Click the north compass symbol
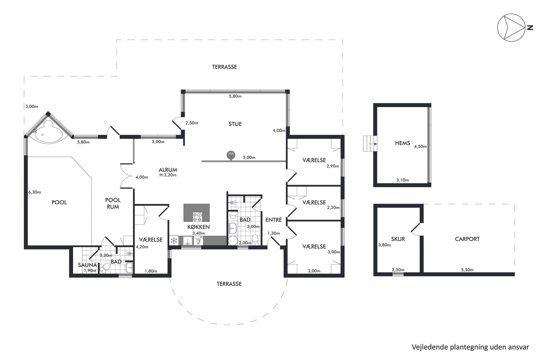pyautogui.click(x=511, y=28)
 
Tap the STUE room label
pyautogui.click(x=235, y=124)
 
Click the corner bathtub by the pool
pyautogui.click(x=48, y=132)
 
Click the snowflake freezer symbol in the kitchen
pyautogui.click(x=174, y=241)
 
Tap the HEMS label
pyautogui.click(x=403, y=143)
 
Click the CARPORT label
pyautogui.click(x=467, y=239)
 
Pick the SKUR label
pyautogui.click(x=398, y=239)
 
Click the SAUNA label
pyautogui.click(x=87, y=265)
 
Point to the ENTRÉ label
pyautogui.click(x=274, y=220)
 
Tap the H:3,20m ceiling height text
pyautogui.click(x=168, y=175)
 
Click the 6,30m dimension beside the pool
pyautogui.click(x=35, y=192)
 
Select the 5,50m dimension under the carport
pyautogui.click(x=467, y=270)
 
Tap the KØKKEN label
pyautogui.click(x=198, y=227)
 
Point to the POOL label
pyautogui.click(x=59, y=202)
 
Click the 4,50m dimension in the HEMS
pyautogui.click(x=420, y=146)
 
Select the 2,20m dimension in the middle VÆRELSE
pyautogui.click(x=333, y=207)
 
